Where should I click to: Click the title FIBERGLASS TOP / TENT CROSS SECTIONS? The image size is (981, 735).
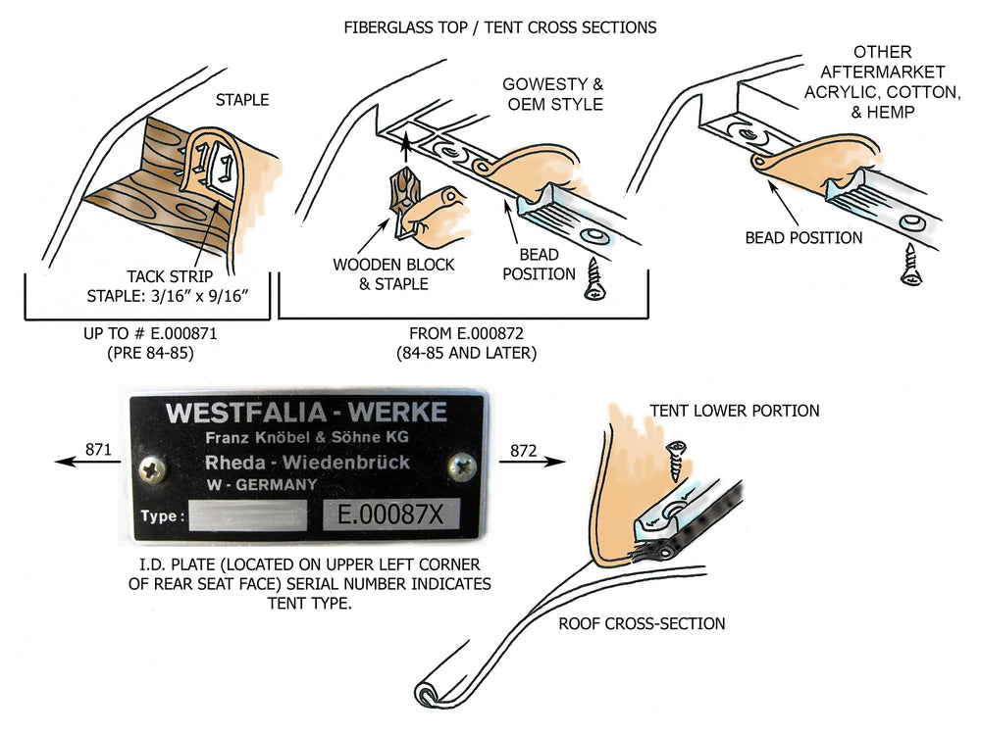click(500, 27)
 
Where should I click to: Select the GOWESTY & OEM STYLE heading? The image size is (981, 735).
click(552, 94)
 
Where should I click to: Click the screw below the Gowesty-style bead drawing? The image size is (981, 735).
click(595, 281)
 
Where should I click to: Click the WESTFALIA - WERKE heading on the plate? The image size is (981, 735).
click(306, 412)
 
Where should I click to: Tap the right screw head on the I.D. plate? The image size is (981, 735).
click(461, 466)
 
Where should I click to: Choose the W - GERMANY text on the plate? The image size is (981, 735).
click(261, 484)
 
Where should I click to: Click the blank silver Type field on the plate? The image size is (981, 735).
click(247, 514)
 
